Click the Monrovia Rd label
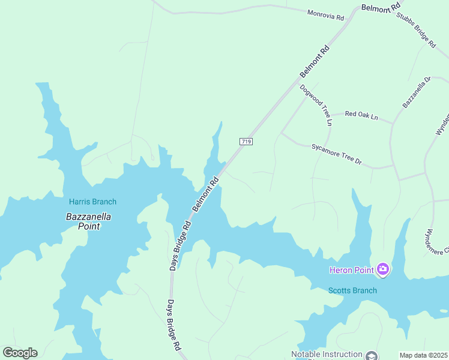tap(326, 15)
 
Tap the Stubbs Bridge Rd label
tap(415, 29)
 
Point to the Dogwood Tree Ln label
tap(316, 105)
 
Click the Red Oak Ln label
tap(361, 115)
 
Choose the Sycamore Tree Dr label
tap(336, 154)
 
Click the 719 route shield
tap(246, 142)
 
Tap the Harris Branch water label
tap(92, 202)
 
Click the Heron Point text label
tap(352, 270)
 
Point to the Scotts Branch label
tap(352, 290)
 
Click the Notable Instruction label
tap(327, 355)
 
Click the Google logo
tap(20, 353)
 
